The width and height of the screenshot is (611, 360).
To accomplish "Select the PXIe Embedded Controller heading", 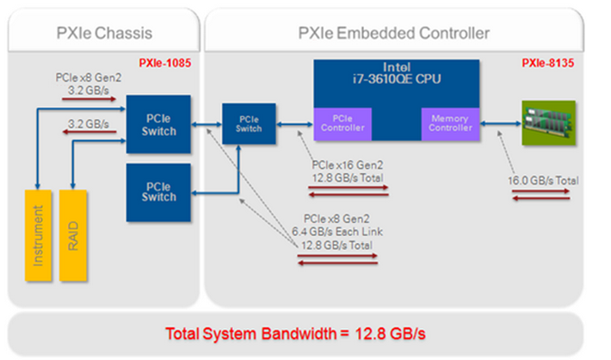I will pyautogui.click(x=393, y=34).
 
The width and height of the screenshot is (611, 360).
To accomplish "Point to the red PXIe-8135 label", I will pyautogui.click(x=548, y=64).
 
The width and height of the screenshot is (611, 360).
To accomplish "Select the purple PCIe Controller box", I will pyautogui.click(x=342, y=124).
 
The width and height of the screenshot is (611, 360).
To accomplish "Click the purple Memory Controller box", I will pyautogui.click(x=448, y=124).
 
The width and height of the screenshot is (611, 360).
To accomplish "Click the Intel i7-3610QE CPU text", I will pyautogui.click(x=395, y=75).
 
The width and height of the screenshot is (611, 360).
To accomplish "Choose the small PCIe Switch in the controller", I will pyautogui.click(x=249, y=124).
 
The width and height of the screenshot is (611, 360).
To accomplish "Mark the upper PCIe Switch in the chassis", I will pyautogui.click(x=160, y=125).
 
